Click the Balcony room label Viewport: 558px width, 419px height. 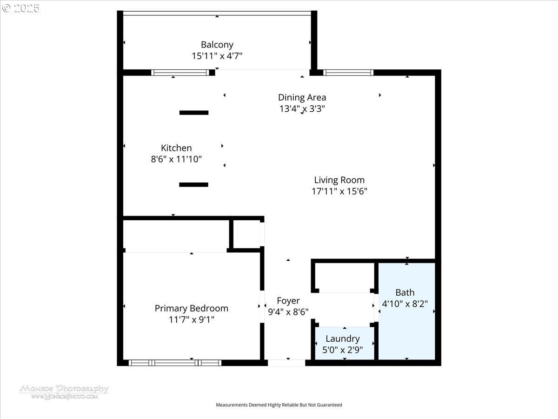217,45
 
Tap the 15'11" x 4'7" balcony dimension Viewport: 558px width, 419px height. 217,56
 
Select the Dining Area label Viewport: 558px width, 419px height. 302,97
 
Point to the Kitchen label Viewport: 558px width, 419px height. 176,148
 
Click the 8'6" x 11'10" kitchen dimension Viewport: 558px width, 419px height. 176,159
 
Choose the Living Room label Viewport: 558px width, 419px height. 339,180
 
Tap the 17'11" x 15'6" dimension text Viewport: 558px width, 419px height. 339,191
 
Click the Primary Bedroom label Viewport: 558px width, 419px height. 192,308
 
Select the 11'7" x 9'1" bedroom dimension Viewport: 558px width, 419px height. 192,319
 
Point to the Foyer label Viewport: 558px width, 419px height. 288,301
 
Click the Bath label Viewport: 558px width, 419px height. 405,292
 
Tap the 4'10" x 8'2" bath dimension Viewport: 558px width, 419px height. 405,304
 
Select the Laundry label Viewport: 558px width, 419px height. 343,338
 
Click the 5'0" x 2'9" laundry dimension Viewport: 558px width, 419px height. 343,350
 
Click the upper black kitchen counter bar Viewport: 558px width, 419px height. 194,113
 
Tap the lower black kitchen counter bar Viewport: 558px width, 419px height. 194,185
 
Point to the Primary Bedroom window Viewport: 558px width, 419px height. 175,363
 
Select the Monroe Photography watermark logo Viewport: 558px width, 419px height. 64,392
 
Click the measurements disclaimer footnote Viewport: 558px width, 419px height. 279,405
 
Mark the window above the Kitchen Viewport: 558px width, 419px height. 180,73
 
